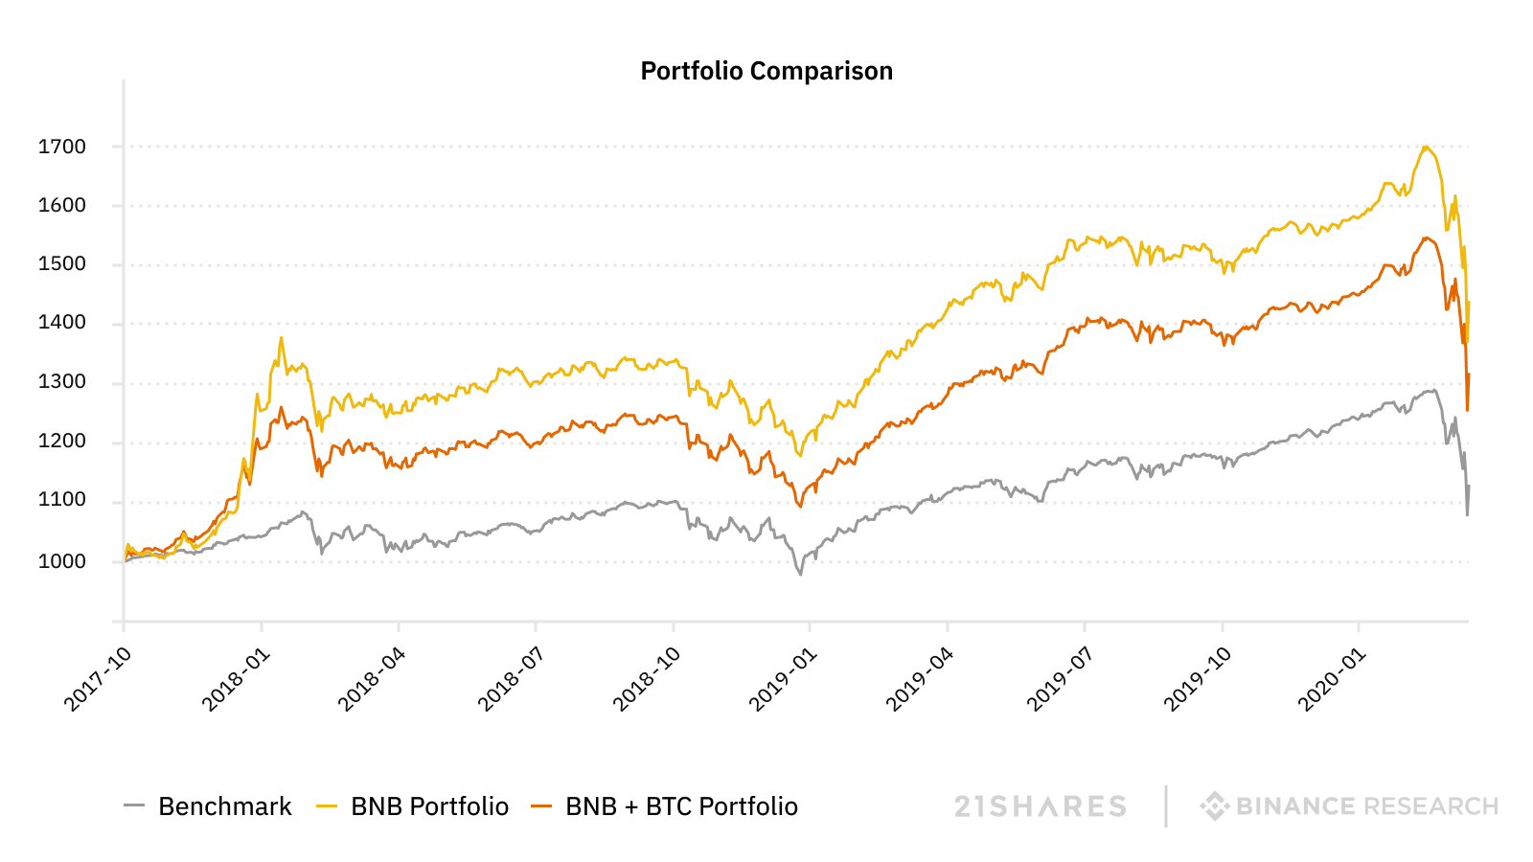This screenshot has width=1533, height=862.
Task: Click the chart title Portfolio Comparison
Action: coord(766,72)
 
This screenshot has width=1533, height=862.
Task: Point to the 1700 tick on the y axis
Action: coord(62,147)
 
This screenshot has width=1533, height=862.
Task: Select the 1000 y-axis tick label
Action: coord(62,561)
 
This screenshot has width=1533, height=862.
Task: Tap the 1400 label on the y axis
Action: coord(62,323)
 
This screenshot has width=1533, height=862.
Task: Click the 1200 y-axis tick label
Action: coord(62,442)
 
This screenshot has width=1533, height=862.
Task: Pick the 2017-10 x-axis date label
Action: coord(97,679)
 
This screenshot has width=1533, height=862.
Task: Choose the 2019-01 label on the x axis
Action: coord(783,679)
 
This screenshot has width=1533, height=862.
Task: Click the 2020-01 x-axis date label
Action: coord(1332,679)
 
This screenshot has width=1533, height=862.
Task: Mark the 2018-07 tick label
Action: coord(510,679)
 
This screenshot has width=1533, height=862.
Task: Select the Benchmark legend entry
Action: coord(224,806)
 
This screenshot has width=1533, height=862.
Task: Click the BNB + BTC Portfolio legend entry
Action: coord(681,806)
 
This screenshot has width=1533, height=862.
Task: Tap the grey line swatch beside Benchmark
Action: coord(134,806)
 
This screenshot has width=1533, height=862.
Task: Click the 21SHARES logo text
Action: coord(1041,806)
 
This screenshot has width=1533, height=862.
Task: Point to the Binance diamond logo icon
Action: coord(1214,806)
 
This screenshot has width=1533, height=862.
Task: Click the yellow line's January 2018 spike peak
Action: coord(281,337)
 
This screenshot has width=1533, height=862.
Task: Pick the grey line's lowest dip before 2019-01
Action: coord(801,574)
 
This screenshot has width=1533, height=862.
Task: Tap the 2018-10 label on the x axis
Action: coord(647,679)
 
